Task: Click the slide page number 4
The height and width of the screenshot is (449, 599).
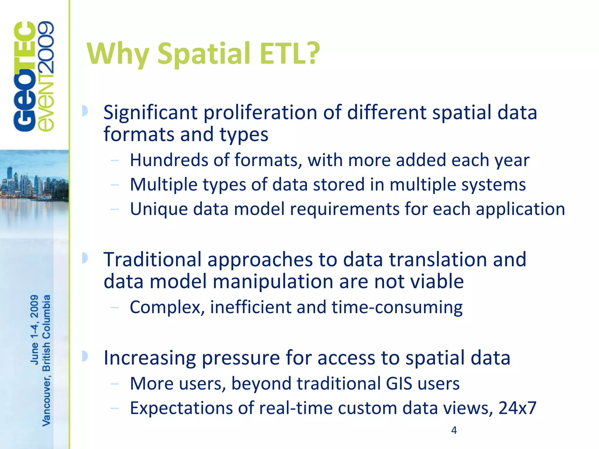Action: (x=454, y=430)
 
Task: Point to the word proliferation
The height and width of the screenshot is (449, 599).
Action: (x=260, y=113)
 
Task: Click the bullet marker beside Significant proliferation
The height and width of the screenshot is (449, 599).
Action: (x=85, y=111)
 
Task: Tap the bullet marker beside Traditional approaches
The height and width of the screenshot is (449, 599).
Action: (x=85, y=258)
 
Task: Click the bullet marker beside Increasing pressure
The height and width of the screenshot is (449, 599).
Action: (x=85, y=356)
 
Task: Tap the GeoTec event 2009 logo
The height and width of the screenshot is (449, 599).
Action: (x=34, y=77)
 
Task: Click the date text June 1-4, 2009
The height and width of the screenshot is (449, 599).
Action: (x=34, y=329)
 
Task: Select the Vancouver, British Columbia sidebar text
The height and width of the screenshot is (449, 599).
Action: (x=47, y=360)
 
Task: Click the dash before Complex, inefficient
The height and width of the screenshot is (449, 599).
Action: (x=115, y=307)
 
